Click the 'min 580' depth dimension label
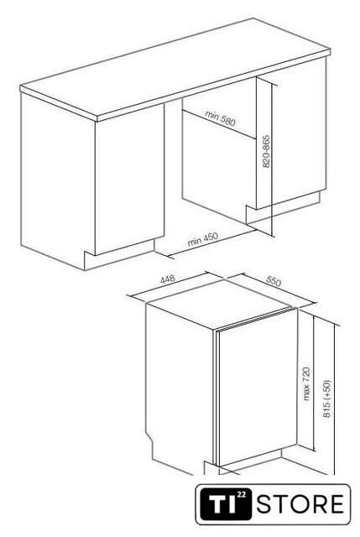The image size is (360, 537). [x=221, y=117]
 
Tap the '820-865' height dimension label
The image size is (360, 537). [x=266, y=151]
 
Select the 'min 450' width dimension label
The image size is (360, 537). [x=202, y=239]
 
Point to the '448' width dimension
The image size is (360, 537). [x=168, y=279]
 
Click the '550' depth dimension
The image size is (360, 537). [x=274, y=281]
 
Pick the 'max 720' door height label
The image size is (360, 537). [x=306, y=383]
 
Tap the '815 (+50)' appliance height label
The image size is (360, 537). [x=327, y=399]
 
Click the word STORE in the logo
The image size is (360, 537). [x=300, y=503]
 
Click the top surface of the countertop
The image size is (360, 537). [x=175, y=65]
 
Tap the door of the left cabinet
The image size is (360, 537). [x=129, y=178]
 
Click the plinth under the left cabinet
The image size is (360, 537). [x=120, y=254]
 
